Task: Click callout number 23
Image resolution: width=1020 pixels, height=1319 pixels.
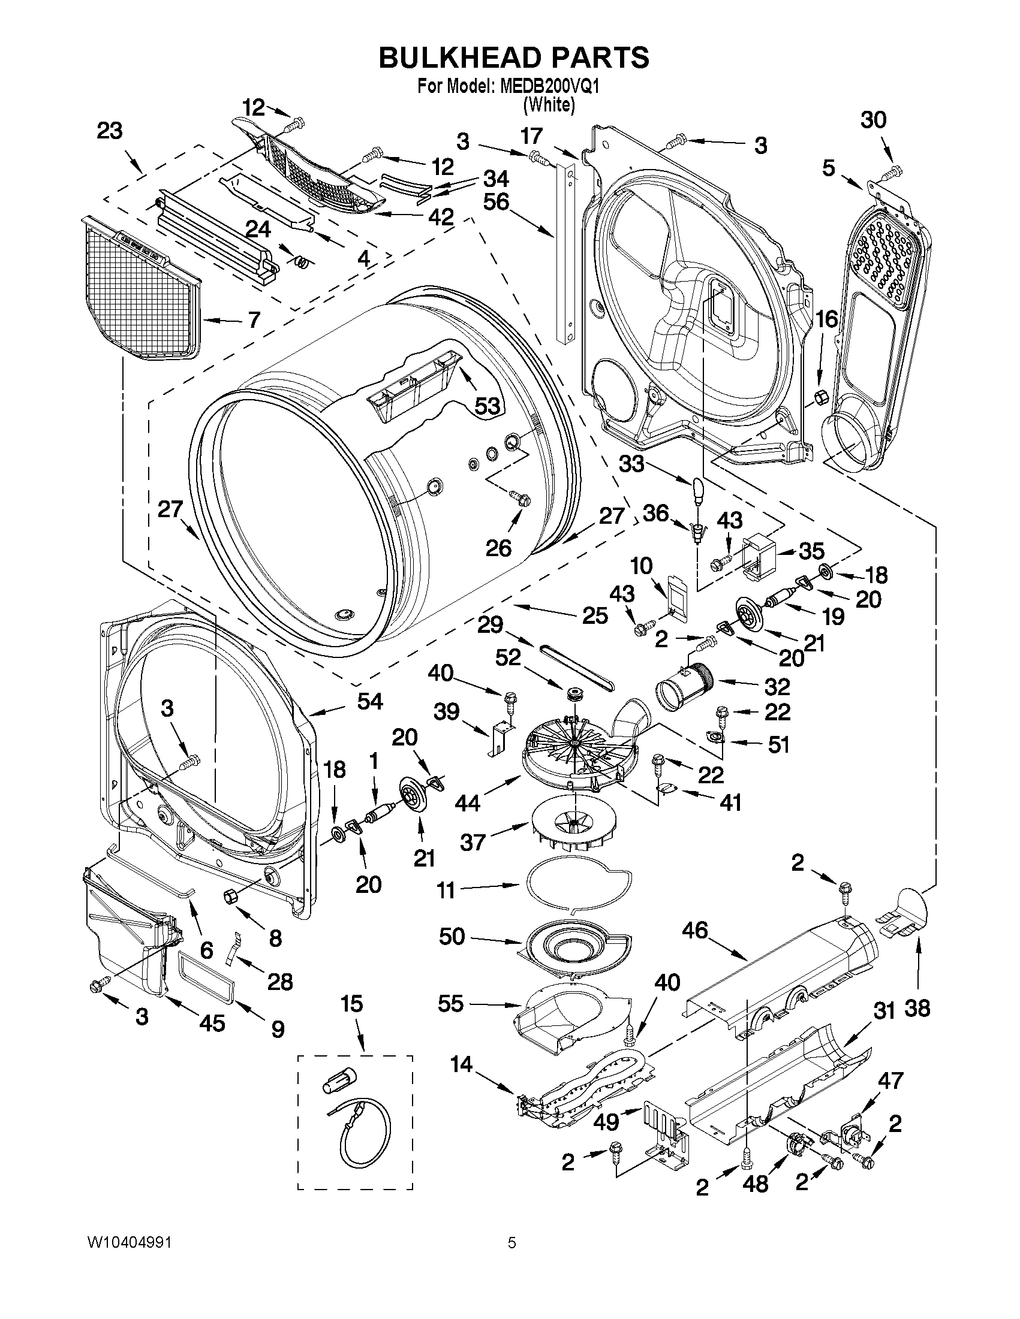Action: tap(109, 131)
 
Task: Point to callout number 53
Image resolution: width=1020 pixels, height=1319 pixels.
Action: tap(486, 406)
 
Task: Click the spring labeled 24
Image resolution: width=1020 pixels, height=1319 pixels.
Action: tap(300, 261)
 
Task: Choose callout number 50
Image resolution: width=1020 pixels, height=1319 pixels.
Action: tap(452, 937)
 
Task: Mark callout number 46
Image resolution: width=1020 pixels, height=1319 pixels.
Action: tap(694, 930)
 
